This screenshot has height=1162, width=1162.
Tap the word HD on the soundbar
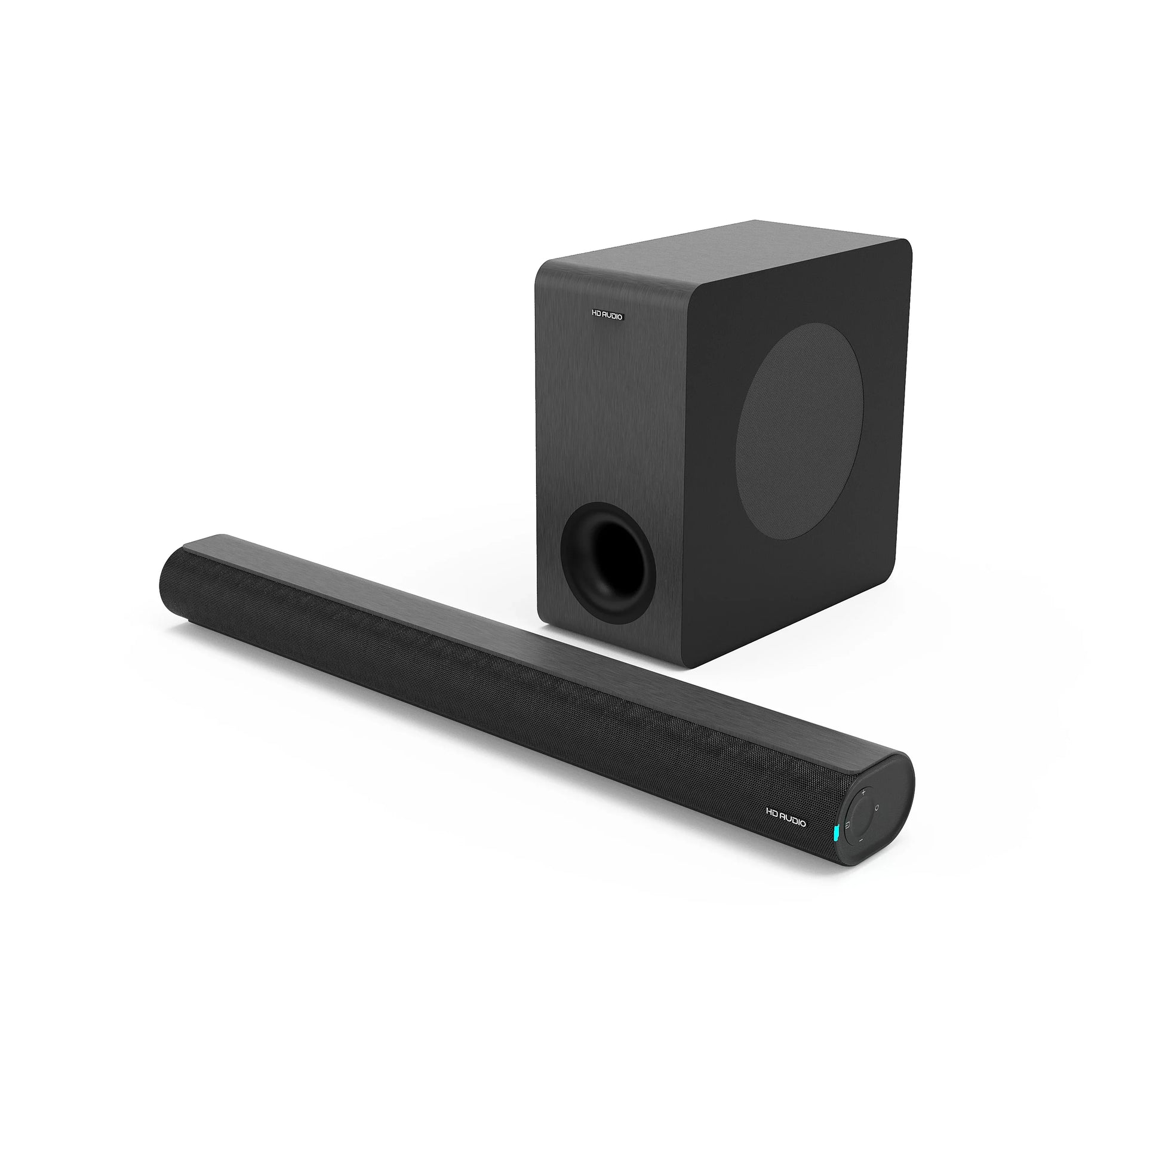click(772, 812)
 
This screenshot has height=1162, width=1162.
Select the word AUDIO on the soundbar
click(794, 819)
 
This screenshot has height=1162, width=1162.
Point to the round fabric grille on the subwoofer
click(800, 431)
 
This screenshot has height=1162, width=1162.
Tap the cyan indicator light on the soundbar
click(836, 832)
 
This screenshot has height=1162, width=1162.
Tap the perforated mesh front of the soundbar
click(481, 691)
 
